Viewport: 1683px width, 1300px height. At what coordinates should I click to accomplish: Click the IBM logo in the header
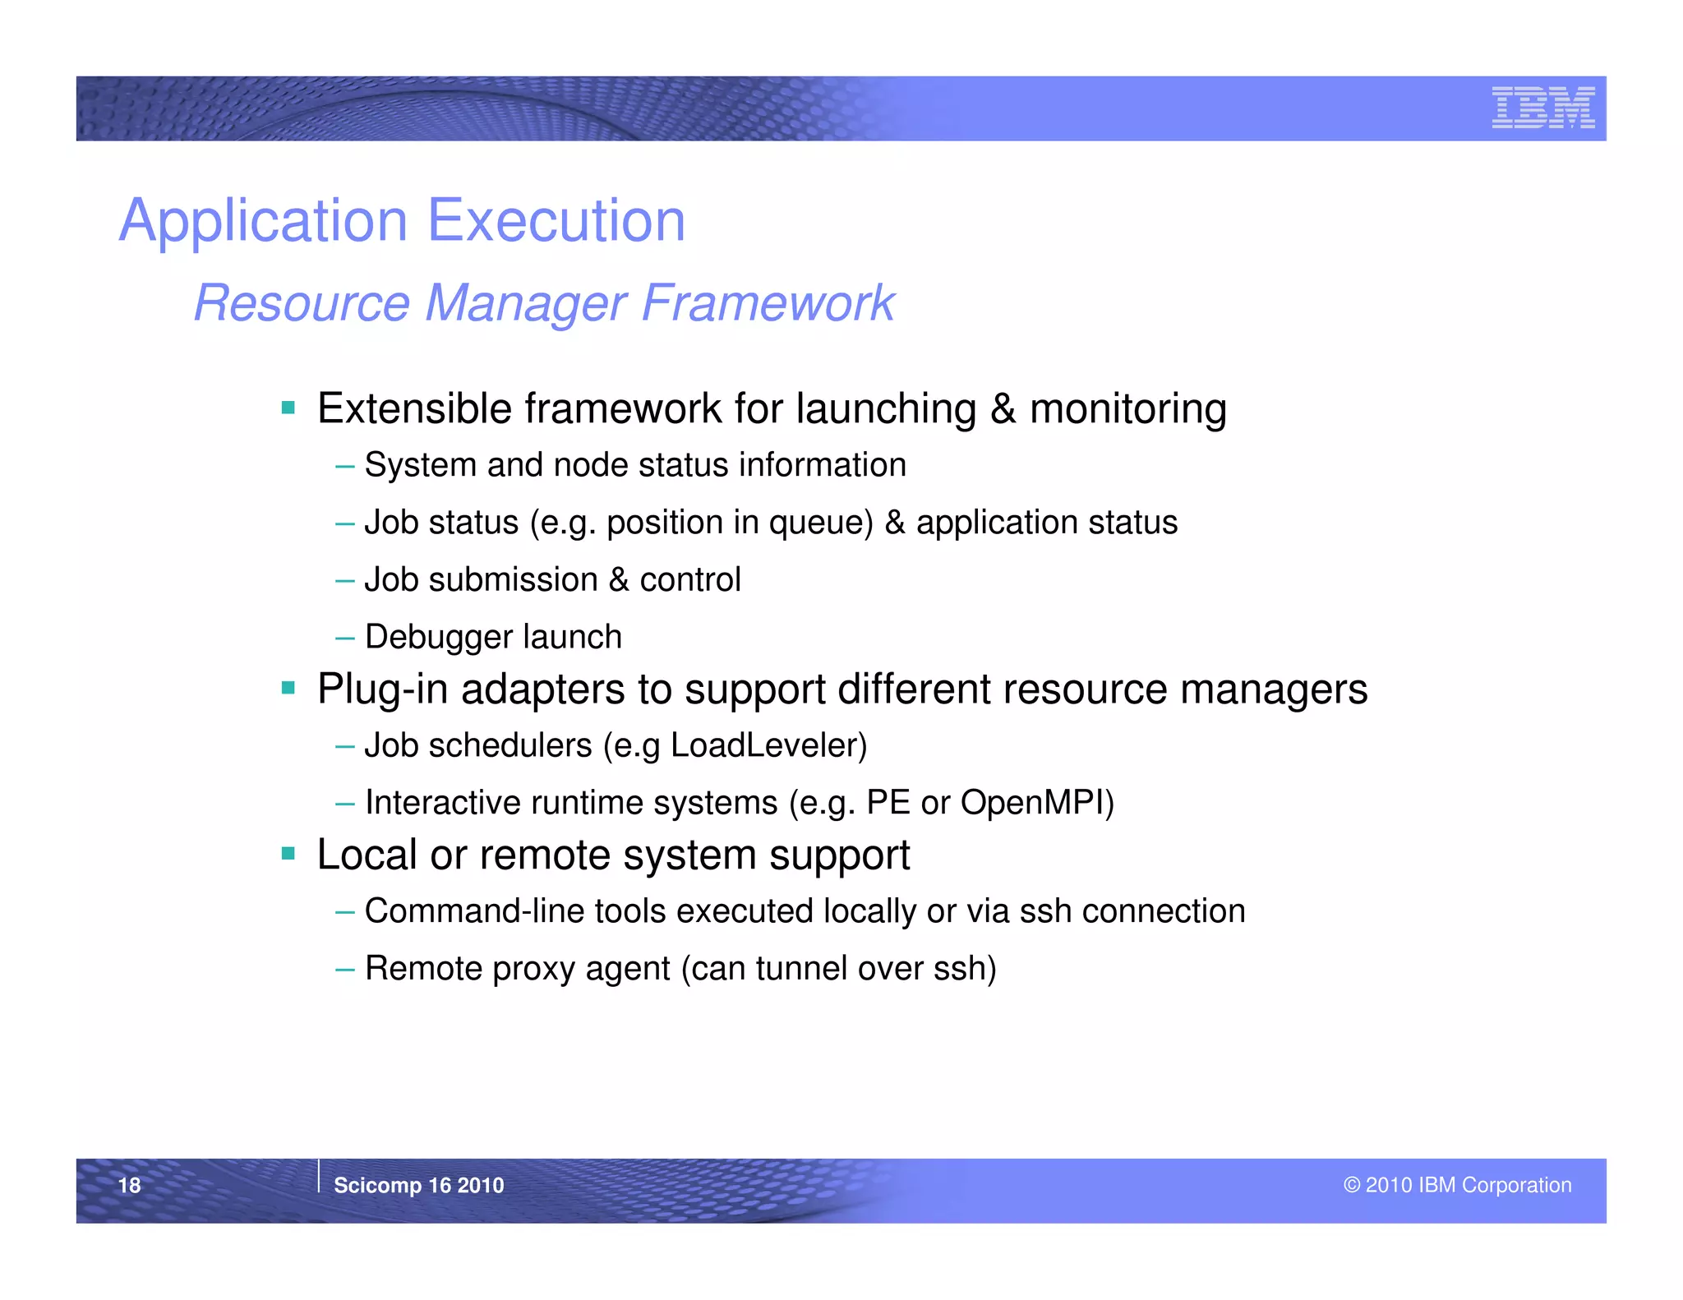(1542, 108)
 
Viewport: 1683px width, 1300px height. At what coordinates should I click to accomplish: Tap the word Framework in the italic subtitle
(767, 302)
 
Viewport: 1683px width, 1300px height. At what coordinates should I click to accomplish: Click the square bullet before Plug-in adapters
(288, 688)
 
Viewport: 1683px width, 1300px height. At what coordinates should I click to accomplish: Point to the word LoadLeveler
(768, 745)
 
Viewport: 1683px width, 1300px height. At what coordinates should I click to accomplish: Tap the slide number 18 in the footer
(130, 1185)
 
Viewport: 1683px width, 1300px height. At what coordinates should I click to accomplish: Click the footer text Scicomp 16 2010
(418, 1185)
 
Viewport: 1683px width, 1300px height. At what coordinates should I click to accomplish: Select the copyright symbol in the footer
(1352, 1185)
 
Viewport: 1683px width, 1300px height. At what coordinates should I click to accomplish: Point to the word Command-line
(473, 911)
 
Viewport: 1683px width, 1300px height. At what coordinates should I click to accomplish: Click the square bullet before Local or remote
(288, 855)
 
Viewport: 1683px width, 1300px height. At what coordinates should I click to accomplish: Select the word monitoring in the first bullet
(1127, 409)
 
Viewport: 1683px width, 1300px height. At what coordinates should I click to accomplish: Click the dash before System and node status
(345, 466)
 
